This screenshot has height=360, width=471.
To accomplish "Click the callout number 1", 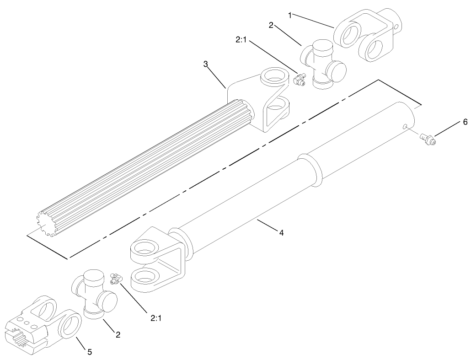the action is click(290, 16).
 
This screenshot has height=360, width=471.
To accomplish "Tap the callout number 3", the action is click(205, 64).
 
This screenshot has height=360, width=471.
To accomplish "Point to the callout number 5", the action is click(90, 352).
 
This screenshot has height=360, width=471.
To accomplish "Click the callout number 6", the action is click(466, 122).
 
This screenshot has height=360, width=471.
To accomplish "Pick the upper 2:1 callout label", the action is click(241, 40).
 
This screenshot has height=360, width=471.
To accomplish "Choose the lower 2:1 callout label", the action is click(156, 318).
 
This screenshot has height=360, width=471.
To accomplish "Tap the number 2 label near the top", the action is click(271, 25).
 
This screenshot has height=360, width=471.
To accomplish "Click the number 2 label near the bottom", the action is click(118, 334).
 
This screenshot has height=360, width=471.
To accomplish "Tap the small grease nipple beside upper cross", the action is click(299, 79).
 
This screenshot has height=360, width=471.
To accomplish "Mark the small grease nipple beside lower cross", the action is click(116, 279).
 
